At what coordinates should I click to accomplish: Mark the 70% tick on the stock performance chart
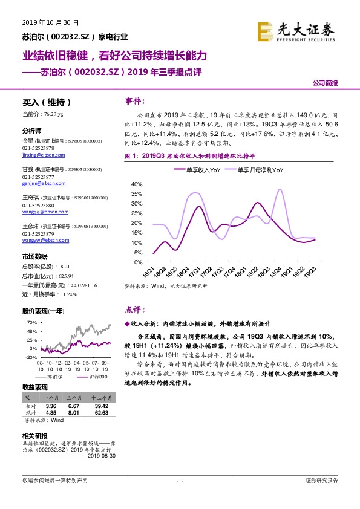coord(33,322)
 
